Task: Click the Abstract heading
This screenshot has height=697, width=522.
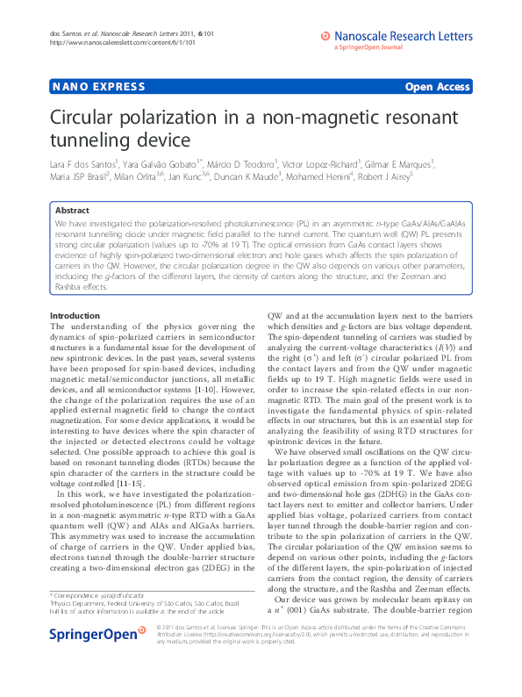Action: [x=72, y=211]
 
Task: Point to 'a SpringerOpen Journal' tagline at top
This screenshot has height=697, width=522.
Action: [x=367, y=47]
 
